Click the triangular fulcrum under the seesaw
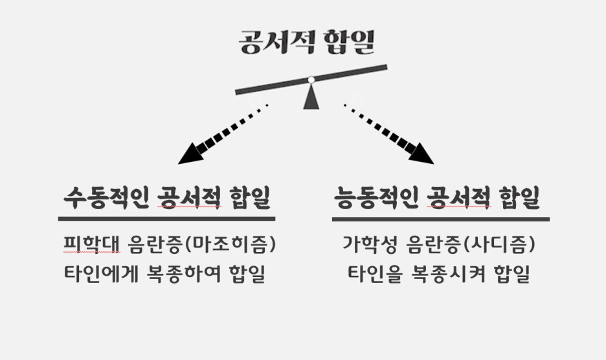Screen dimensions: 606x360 [311, 96]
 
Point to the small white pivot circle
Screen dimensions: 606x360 [311, 80]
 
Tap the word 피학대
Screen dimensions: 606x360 [84, 245]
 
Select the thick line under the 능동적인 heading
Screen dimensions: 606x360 [440, 219]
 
